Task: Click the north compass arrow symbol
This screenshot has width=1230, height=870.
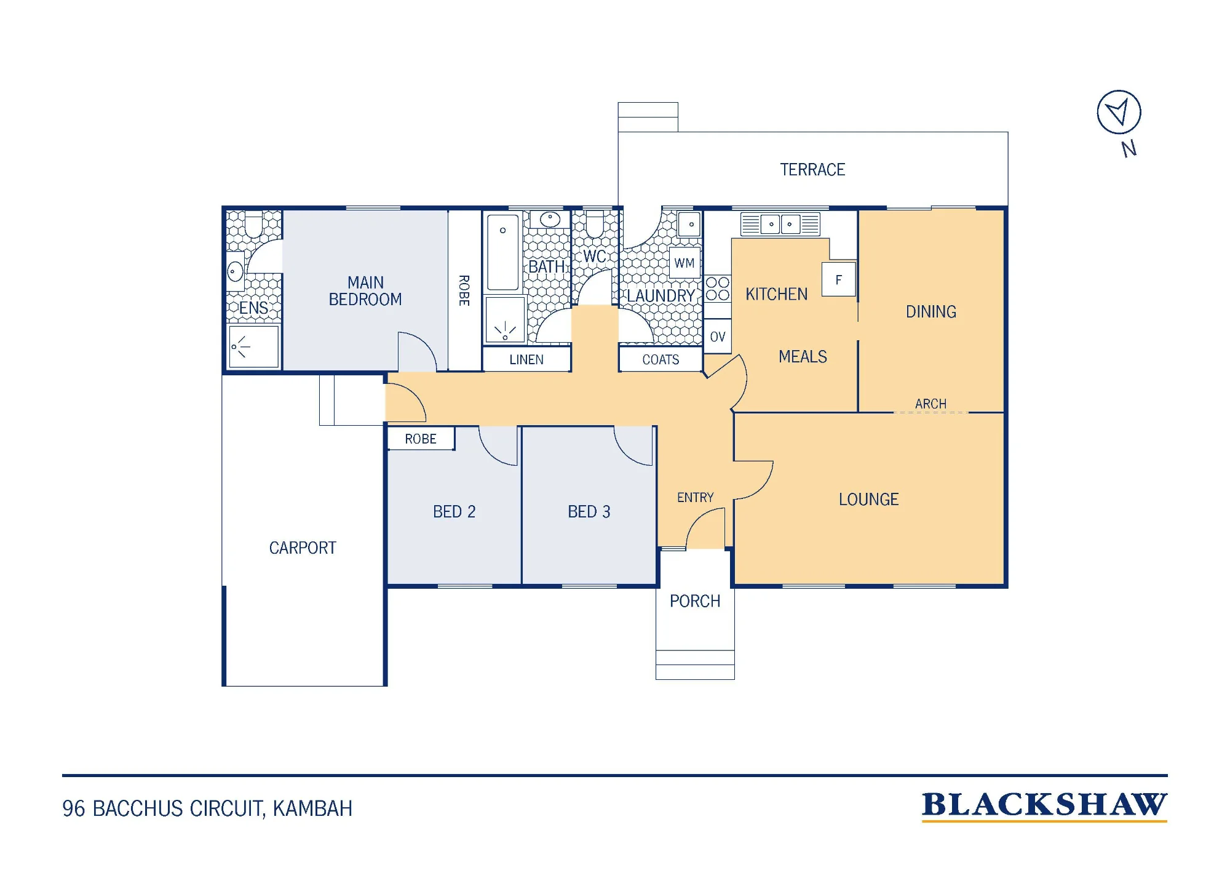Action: pyautogui.click(x=1119, y=112)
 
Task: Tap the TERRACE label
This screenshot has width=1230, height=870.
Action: pyautogui.click(x=812, y=170)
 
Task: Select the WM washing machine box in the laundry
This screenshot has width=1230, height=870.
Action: pyautogui.click(x=684, y=263)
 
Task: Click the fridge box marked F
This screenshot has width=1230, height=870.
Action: pyautogui.click(x=839, y=279)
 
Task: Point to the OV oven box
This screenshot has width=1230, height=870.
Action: pyautogui.click(x=717, y=337)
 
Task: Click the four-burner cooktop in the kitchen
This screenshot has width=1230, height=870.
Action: pyautogui.click(x=717, y=288)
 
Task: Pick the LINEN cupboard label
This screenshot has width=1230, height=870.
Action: pyautogui.click(x=526, y=359)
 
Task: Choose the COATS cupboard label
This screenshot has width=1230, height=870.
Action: pyautogui.click(x=661, y=359)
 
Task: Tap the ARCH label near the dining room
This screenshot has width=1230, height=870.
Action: pyautogui.click(x=930, y=404)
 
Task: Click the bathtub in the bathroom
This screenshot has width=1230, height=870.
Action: pyautogui.click(x=503, y=252)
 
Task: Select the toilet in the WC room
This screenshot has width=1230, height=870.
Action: pyautogui.click(x=594, y=223)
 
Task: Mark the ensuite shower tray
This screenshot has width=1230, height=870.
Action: pyautogui.click(x=253, y=346)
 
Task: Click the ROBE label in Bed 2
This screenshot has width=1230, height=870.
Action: pyautogui.click(x=421, y=439)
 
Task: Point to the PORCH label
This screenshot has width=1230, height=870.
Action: pyautogui.click(x=695, y=601)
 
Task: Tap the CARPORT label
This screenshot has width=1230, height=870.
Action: pyautogui.click(x=303, y=548)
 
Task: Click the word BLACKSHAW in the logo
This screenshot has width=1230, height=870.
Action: pyautogui.click(x=1044, y=805)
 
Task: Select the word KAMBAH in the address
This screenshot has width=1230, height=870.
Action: pyautogui.click(x=312, y=808)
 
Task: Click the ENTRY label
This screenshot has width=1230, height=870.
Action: pyautogui.click(x=696, y=497)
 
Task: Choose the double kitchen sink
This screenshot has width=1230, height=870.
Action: pyautogui.click(x=780, y=224)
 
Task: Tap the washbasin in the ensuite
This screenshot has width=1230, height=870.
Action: pyautogui.click(x=235, y=271)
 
